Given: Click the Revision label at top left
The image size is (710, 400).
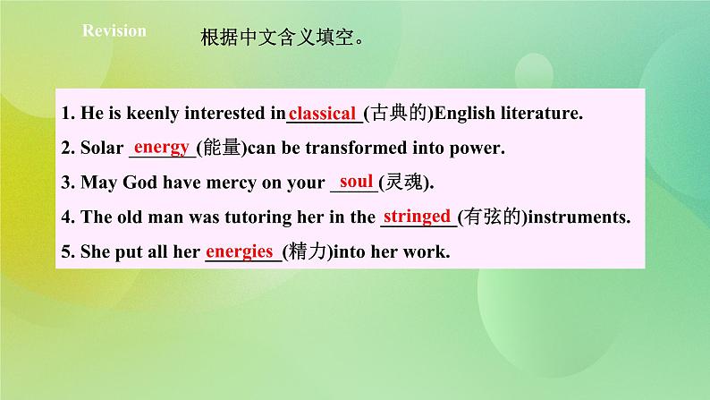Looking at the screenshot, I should [x=114, y=31].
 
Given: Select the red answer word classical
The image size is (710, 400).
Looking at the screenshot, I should [x=323, y=114].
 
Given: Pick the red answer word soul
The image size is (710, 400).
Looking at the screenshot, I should [x=356, y=182].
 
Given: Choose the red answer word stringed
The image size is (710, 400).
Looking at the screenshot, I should [x=416, y=216].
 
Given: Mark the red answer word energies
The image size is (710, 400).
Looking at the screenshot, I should [x=240, y=251].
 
